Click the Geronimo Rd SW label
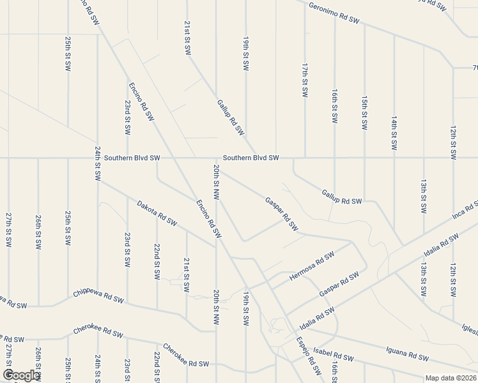click(334, 13)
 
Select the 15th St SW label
click(364, 113)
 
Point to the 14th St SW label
click(394, 133)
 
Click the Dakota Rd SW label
click(157, 213)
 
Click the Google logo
click(20, 375)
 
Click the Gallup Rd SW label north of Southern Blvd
click(231, 117)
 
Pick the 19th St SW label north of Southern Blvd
click(245, 53)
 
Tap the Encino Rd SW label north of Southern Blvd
click(141, 101)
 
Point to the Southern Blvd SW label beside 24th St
click(132, 158)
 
